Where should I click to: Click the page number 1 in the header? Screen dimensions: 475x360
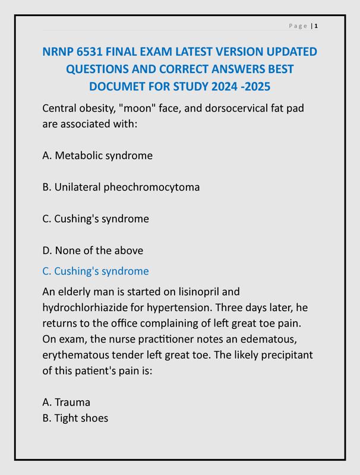pyautogui.click(x=317, y=26)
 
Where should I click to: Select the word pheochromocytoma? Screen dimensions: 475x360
pyautogui.click(x=151, y=187)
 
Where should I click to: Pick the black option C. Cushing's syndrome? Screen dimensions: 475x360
pyautogui.click(x=96, y=218)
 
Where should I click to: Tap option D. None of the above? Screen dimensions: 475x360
pyautogui.click(x=93, y=251)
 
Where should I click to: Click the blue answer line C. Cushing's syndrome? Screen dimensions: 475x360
pyautogui.click(x=96, y=271)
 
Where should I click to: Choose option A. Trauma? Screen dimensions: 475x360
pyautogui.click(x=67, y=403)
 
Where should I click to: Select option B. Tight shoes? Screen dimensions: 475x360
pyautogui.click(x=75, y=418)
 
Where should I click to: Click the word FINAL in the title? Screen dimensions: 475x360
pyautogui.click(x=125, y=52)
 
